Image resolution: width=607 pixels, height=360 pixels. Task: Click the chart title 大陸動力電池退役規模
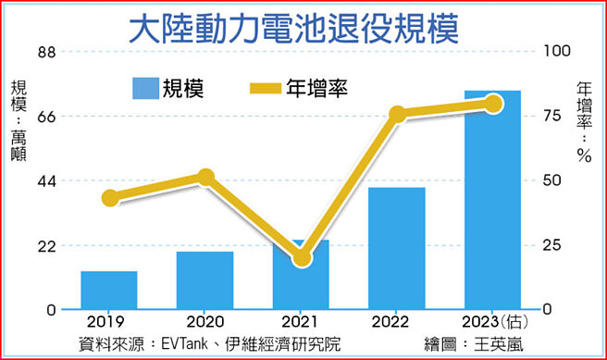[293, 29]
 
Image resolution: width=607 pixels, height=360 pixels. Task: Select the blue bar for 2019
[109, 290]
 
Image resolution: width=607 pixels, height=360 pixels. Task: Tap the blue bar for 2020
[205, 279]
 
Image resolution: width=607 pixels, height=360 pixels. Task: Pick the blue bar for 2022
[397, 248]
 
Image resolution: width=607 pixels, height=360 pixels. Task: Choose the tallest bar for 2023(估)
[492, 199]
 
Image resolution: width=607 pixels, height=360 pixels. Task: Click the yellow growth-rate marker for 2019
[110, 197]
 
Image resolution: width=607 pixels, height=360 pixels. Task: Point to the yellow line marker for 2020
[205, 178]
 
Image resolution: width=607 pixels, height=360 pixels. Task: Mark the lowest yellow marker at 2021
[302, 258]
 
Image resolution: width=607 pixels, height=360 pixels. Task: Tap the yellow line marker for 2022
[398, 115]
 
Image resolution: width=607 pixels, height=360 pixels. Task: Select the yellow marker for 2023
[493, 104]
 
